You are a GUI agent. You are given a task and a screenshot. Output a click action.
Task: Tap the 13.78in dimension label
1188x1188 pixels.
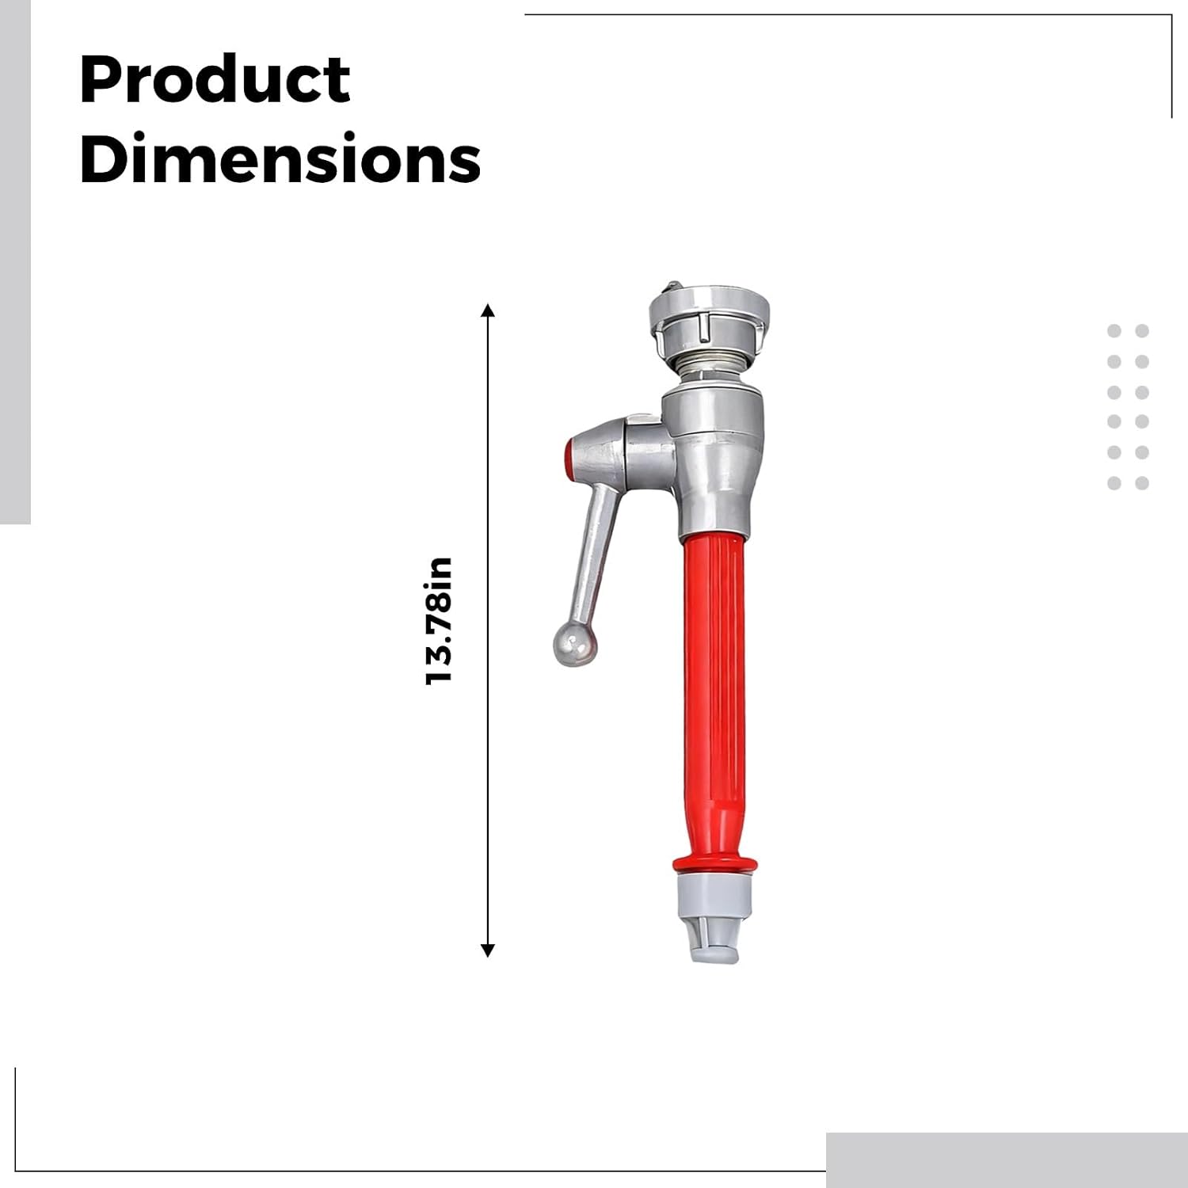(x=439, y=621)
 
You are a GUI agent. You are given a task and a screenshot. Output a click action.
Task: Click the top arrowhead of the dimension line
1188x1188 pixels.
(x=488, y=310)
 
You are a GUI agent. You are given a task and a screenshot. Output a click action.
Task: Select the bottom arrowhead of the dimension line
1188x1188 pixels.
(x=488, y=950)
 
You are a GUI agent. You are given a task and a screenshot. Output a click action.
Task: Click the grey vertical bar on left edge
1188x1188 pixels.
(x=14, y=261)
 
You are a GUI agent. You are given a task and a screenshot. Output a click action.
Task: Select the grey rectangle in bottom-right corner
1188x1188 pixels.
(x=1006, y=1159)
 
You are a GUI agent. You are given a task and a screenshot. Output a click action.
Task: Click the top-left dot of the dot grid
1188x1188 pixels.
(x=1114, y=331)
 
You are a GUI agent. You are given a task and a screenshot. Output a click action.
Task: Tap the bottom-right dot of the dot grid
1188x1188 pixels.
(x=1142, y=483)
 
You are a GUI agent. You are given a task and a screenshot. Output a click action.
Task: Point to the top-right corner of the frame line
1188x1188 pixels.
(x=1171, y=16)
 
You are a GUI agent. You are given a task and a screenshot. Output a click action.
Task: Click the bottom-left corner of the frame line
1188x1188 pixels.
(x=16, y=1170)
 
